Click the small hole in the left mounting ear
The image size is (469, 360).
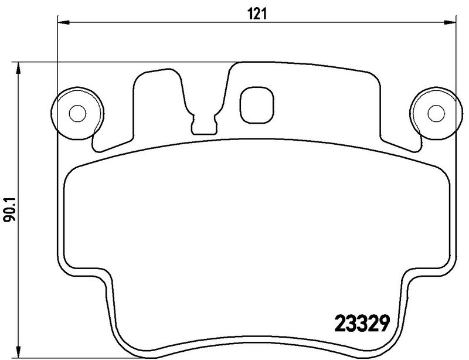pyautogui.click(x=76, y=111)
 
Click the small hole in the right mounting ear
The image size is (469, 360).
pyautogui.click(x=434, y=111)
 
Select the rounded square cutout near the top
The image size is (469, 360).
pyautogui.click(x=257, y=104)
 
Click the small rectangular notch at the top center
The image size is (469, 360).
pyautogui.click(x=204, y=123)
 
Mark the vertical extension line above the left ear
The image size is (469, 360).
pyautogui.click(x=57, y=59)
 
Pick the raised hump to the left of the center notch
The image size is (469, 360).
pyautogui.click(x=157, y=88)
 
